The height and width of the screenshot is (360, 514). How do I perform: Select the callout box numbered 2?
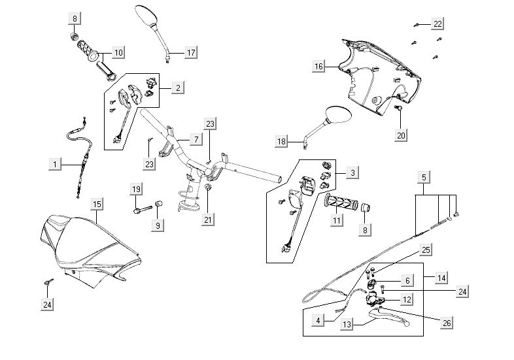coord(179,86)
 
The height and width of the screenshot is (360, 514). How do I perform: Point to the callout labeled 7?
coord(195,139)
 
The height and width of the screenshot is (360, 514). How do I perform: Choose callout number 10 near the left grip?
coord(118,52)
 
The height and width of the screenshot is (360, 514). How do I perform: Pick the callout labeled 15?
coord(97,205)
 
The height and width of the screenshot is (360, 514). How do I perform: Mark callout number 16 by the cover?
coord(318,67)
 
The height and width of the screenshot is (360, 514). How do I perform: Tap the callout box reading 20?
coord(401,135)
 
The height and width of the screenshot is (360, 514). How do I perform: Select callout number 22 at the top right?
coord(437,24)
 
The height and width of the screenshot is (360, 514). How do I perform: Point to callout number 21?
coord(208,220)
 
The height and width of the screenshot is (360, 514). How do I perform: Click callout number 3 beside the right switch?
coord(352,173)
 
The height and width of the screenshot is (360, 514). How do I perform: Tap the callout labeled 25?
coord(426,250)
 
